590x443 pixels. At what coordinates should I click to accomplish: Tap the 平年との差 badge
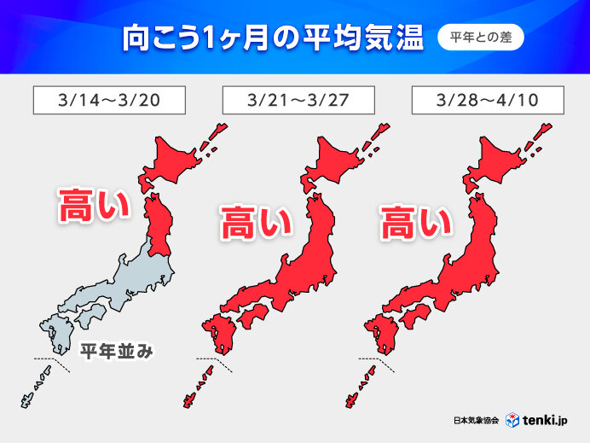pos(480,38)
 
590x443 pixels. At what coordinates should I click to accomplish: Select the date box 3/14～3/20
pos(108,100)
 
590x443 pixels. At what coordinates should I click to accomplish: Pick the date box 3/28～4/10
pos(487,100)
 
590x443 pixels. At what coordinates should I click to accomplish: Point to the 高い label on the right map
pos(415,224)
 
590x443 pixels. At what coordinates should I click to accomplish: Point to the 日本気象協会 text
pos(477,420)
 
